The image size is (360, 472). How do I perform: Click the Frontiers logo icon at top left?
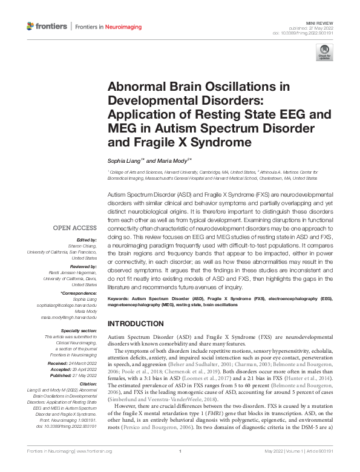(x=31, y=26)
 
